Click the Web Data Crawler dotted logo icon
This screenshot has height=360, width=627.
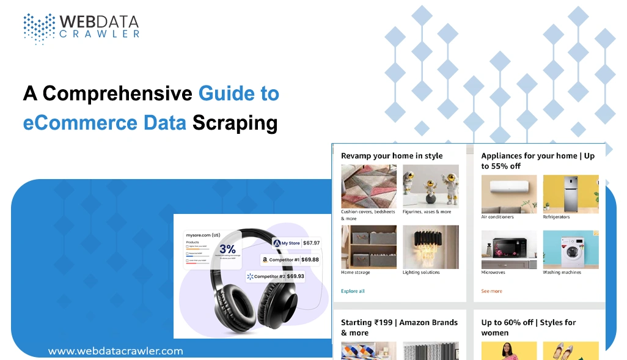(x=38, y=28)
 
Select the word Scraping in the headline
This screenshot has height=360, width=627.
(x=235, y=123)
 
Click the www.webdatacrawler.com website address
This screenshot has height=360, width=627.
(x=116, y=351)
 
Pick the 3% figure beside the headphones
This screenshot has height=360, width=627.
(x=227, y=249)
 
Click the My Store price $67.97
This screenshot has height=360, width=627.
(x=311, y=243)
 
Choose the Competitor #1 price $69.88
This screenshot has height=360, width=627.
(x=310, y=259)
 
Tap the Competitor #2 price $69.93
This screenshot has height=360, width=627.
(x=295, y=276)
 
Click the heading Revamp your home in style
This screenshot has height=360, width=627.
(x=392, y=156)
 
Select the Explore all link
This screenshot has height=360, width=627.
(x=353, y=291)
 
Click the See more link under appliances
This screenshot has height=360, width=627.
(x=491, y=291)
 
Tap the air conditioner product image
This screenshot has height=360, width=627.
(x=509, y=194)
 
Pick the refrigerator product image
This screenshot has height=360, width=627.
(x=571, y=194)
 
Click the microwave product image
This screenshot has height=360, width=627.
(x=509, y=250)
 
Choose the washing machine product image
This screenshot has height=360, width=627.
(x=571, y=250)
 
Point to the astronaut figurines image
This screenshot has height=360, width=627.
(x=430, y=186)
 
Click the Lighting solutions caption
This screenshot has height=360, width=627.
(x=421, y=273)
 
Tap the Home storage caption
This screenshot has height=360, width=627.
(x=356, y=273)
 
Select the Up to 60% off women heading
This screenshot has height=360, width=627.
(x=528, y=328)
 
